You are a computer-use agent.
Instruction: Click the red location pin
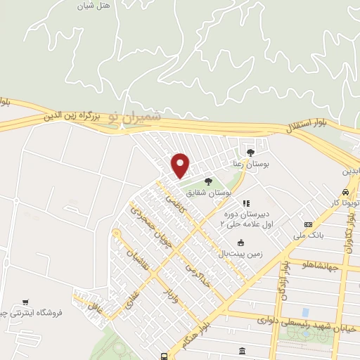click(x=181, y=165)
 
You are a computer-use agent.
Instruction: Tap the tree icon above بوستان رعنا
click(x=251, y=151)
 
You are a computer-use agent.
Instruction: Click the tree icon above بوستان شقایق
click(x=207, y=181)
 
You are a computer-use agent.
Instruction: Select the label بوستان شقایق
click(x=215, y=192)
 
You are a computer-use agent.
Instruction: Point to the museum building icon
click(x=243, y=351)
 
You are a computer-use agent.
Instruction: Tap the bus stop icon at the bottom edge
click(x=163, y=356)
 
